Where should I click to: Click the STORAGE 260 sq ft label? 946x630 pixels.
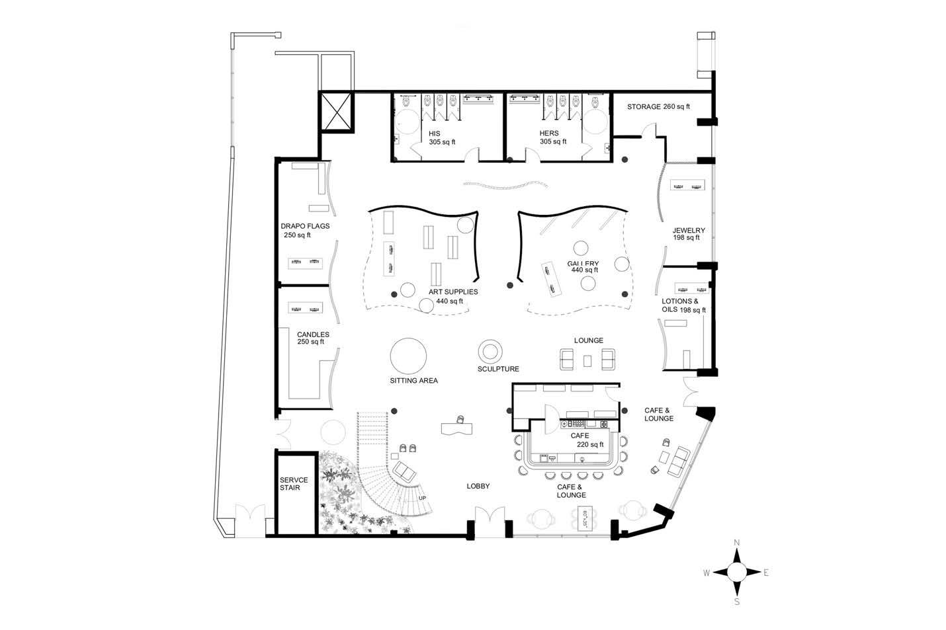pos(658,106)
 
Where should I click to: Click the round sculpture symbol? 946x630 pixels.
pos(492,350)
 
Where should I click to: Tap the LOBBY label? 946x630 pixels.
pos(478,487)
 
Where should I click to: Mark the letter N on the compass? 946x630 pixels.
pos(737,543)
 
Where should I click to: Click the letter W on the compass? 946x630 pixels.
pos(707,572)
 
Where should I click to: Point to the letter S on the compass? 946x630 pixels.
pos(737,602)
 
